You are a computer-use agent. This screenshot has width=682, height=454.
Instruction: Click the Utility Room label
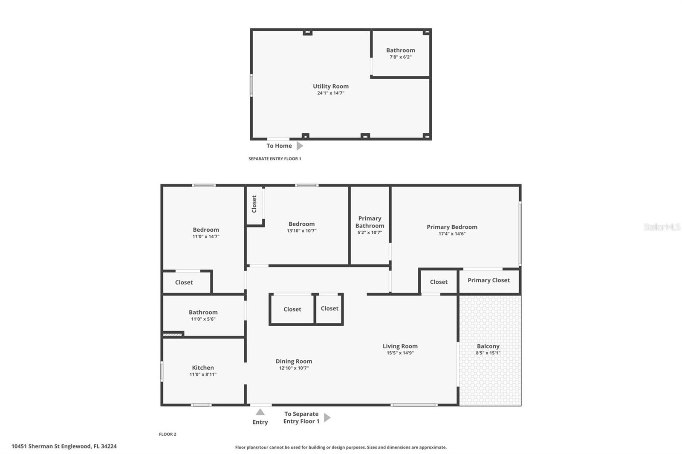(x=330, y=86)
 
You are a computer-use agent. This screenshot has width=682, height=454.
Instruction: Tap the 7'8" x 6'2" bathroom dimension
(x=400, y=57)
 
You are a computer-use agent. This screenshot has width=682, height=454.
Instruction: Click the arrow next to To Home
(x=300, y=146)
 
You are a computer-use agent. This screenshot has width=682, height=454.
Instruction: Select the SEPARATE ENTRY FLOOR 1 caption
(x=275, y=158)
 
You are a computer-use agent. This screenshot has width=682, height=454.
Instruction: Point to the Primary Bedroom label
(x=452, y=227)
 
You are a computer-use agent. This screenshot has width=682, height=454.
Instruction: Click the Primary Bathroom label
(x=370, y=222)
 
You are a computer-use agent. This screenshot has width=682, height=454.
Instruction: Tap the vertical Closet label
(x=254, y=204)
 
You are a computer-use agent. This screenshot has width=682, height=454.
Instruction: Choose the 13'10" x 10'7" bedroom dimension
(x=301, y=231)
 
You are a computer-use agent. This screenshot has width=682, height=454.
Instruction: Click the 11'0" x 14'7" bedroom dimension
(x=205, y=236)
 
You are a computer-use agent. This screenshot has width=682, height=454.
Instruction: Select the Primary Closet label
(x=488, y=280)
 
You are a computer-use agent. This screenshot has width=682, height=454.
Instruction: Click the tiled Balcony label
(x=488, y=346)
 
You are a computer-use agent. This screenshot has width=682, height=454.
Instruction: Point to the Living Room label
(x=400, y=346)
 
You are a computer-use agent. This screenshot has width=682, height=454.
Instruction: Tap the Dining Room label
(x=294, y=361)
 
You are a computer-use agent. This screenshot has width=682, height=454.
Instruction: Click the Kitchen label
(x=203, y=368)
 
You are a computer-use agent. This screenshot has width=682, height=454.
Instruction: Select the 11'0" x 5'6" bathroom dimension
(x=203, y=319)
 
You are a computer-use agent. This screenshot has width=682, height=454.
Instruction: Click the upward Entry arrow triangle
(x=260, y=412)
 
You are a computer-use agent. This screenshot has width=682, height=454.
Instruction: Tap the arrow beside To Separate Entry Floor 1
(x=327, y=417)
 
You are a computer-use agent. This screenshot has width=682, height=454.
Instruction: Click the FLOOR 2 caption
(x=168, y=434)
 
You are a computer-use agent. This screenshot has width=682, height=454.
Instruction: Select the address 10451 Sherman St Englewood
(x=64, y=446)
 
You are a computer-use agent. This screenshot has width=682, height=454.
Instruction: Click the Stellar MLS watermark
(x=662, y=227)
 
